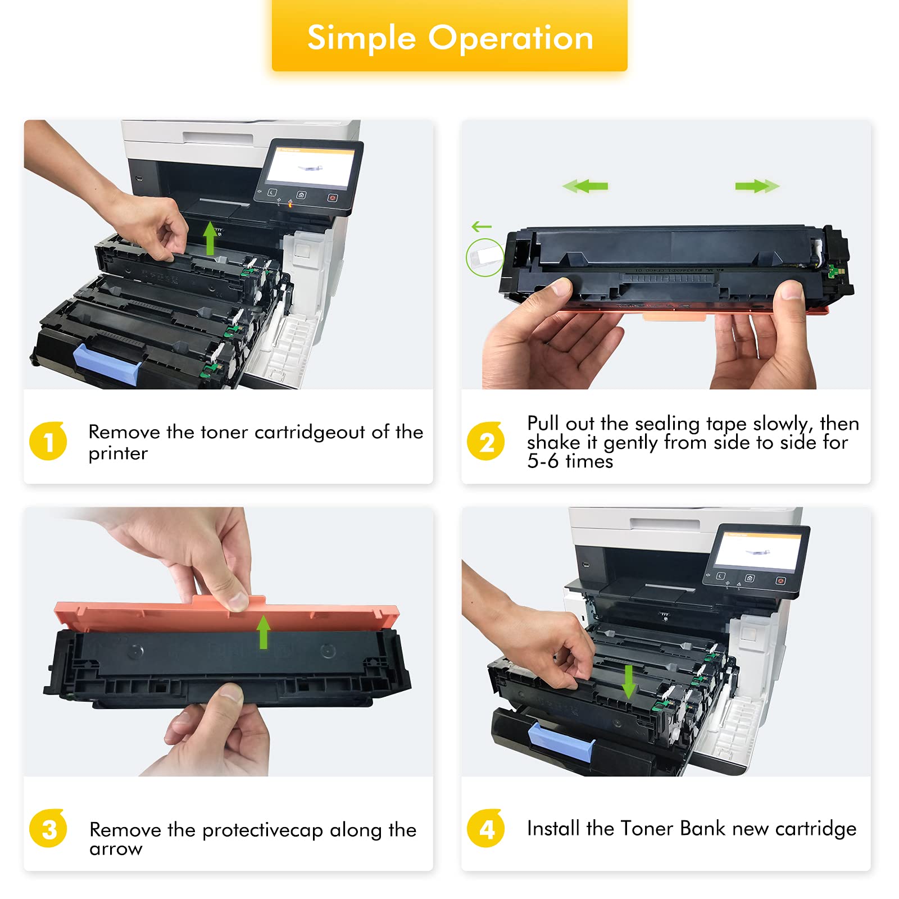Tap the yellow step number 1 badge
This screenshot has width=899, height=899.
(48, 442)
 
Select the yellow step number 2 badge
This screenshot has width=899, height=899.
(486, 442)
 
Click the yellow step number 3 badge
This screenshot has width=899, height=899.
(48, 829)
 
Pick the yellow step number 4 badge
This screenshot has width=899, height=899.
(486, 829)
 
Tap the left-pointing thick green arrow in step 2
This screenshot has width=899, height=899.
(586, 186)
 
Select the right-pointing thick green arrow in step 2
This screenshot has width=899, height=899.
(756, 186)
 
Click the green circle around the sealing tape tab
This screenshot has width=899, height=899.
(485, 257)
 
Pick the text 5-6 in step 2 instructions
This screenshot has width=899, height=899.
(543, 461)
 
